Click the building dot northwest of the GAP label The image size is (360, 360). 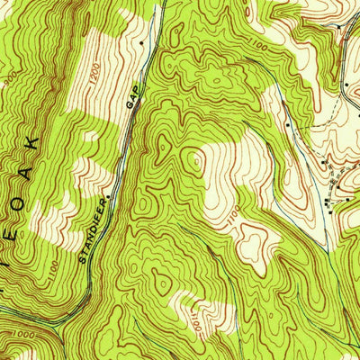pos(141,42)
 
